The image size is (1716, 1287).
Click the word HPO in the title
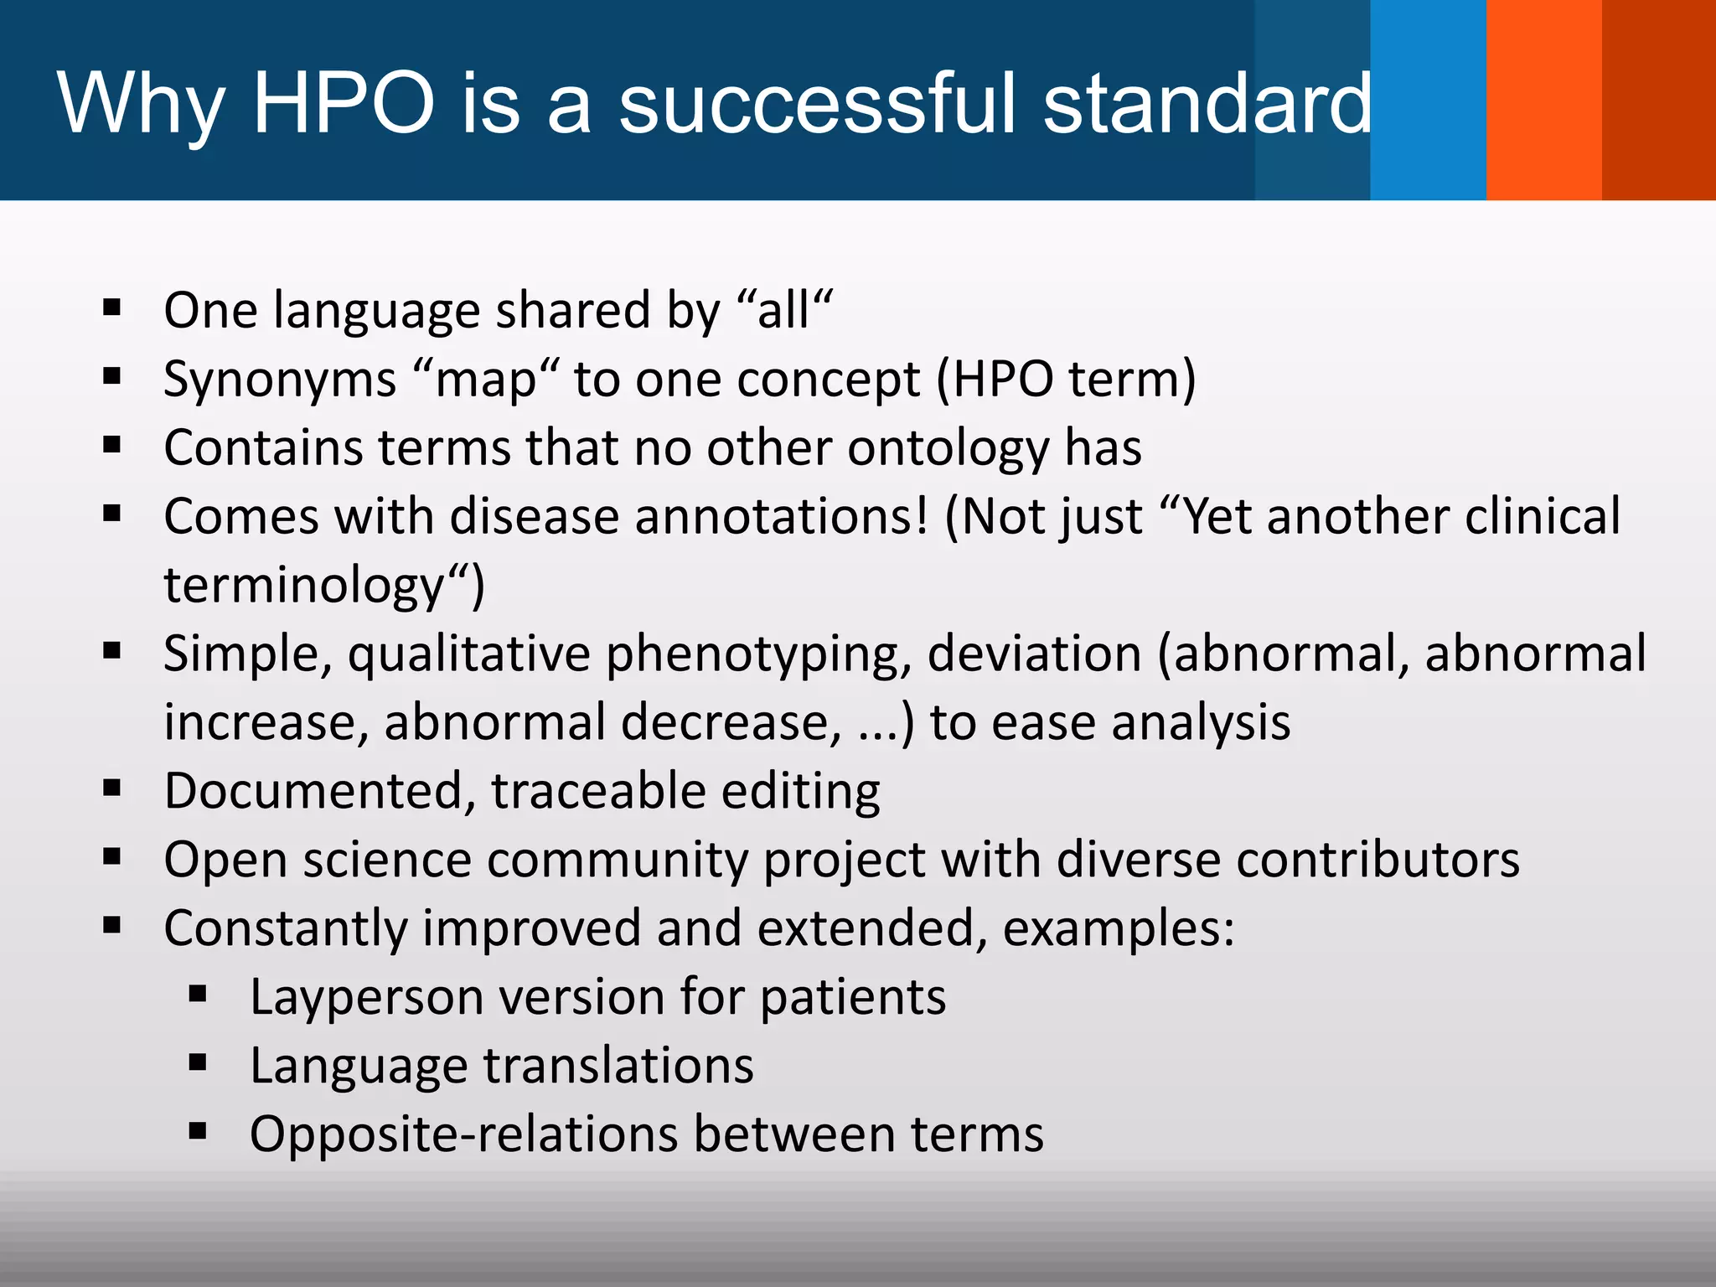[344, 102]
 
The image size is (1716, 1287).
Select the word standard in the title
[1207, 102]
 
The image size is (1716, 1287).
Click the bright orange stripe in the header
[1543, 101]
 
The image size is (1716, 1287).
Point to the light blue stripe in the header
[1428, 101]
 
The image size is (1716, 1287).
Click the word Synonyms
[280, 380]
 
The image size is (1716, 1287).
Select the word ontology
[948, 448]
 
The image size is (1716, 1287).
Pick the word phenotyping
[758, 654]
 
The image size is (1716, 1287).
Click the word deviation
[1034, 654]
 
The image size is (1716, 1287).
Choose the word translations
[618, 1067]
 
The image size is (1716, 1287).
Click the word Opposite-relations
[463, 1135]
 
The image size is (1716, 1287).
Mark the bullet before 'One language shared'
[112, 308]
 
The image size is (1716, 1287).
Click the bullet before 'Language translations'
[198, 1063]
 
